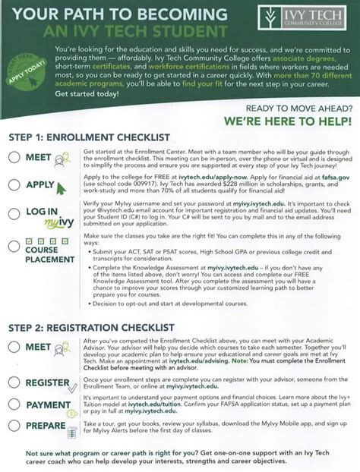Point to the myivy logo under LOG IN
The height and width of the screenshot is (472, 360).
[x=58, y=225]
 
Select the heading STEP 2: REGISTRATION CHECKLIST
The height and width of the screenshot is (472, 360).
[x=92, y=327]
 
